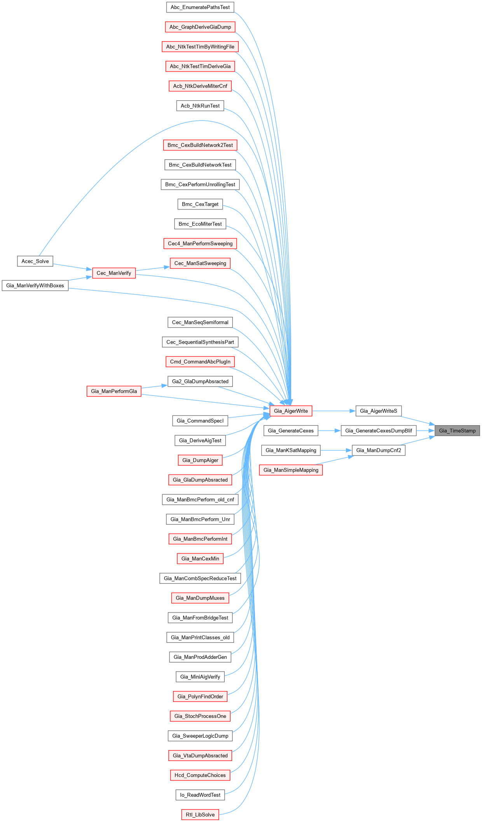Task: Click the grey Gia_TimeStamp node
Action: [457, 431]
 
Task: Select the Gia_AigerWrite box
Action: [291, 411]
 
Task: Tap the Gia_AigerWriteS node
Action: [378, 411]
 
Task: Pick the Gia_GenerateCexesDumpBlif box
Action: [378, 431]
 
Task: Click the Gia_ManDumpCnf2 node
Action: [378, 450]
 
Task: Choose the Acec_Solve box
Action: [35, 261]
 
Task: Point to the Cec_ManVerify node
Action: [114, 273]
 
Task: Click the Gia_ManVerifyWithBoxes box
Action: [35, 286]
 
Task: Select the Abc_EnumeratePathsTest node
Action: [200, 7]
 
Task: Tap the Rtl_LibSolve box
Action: [200, 815]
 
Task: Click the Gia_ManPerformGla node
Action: [114, 391]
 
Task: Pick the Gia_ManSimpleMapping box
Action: [291, 470]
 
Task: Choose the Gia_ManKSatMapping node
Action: [291, 450]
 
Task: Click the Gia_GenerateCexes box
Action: [291, 431]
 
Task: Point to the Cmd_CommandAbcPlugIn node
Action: [200, 362]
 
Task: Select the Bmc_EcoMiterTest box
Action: [200, 224]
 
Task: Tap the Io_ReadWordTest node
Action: [200, 795]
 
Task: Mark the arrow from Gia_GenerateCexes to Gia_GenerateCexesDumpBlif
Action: [330, 431]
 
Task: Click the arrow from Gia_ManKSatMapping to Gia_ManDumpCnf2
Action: [336, 450]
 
